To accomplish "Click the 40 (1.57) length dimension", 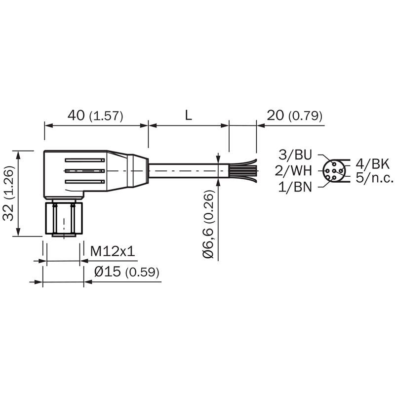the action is pyautogui.click(x=95, y=116).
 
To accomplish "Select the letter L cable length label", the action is pyautogui.click(x=189, y=116).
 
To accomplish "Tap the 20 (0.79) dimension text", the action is pyautogui.click(x=294, y=116).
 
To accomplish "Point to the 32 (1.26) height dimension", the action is pyautogui.click(x=8, y=194).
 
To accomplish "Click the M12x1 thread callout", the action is pyautogui.click(x=113, y=251).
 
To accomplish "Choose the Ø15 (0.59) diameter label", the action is pyautogui.click(x=127, y=272).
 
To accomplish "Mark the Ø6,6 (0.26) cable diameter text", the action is pyautogui.click(x=208, y=224).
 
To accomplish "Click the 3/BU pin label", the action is pyautogui.click(x=295, y=155).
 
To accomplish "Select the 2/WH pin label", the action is pyautogui.click(x=293, y=171).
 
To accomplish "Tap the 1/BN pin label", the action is pyautogui.click(x=295, y=187).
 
